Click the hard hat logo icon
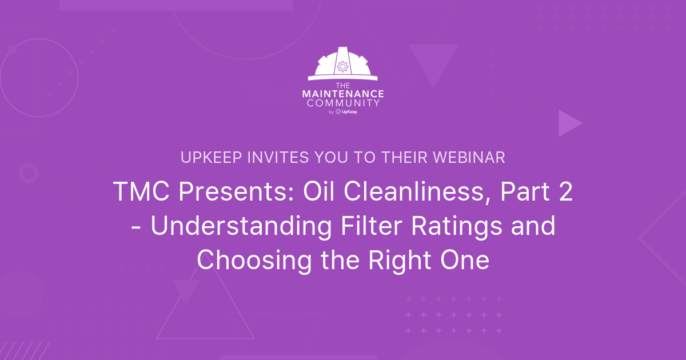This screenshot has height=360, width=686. [342, 63]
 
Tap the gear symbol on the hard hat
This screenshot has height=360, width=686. [342, 66]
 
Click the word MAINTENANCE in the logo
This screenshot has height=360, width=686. [343, 94]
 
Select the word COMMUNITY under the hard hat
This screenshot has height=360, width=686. [343, 103]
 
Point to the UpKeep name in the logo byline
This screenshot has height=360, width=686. [349, 112]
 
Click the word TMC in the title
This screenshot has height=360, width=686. [141, 191]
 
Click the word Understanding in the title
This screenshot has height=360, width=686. [241, 226]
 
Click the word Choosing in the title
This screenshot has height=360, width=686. [254, 260]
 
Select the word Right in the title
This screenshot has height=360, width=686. [400, 261]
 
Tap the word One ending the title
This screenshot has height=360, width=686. [465, 260]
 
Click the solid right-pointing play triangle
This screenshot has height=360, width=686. [568, 123]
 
